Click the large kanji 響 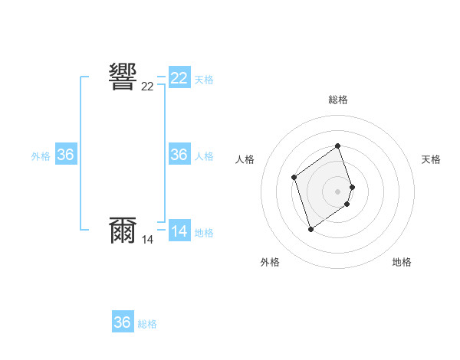pyautogui.click(x=123, y=77)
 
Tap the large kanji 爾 pyautogui.click(x=123, y=230)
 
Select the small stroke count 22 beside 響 pyautogui.click(x=147, y=87)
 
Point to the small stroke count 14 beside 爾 pyautogui.click(x=147, y=240)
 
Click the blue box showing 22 pyautogui.click(x=179, y=78)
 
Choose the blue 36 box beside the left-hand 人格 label pyautogui.click(x=179, y=155)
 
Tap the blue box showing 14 pyautogui.click(x=179, y=231)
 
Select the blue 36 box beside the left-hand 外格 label pyautogui.click(x=66, y=155)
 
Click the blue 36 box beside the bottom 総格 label pyautogui.click(x=123, y=322)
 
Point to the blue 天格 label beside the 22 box pyautogui.click(x=204, y=80)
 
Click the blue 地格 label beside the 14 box pyautogui.click(x=204, y=233)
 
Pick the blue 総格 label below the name pyautogui.click(x=147, y=324)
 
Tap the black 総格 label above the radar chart pyautogui.click(x=338, y=100)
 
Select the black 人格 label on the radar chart pyautogui.click(x=245, y=159)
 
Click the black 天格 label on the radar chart pyautogui.click(x=432, y=159)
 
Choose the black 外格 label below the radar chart pyautogui.click(x=270, y=262)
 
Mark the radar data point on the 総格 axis pyautogui.click(x=338, y=146)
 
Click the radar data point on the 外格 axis pyautogui.click(x=310, y=229)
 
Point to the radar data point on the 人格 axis pyautogui.click(x=294, y=177)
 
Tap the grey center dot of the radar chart pyautogui.click(x=338, y=191)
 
